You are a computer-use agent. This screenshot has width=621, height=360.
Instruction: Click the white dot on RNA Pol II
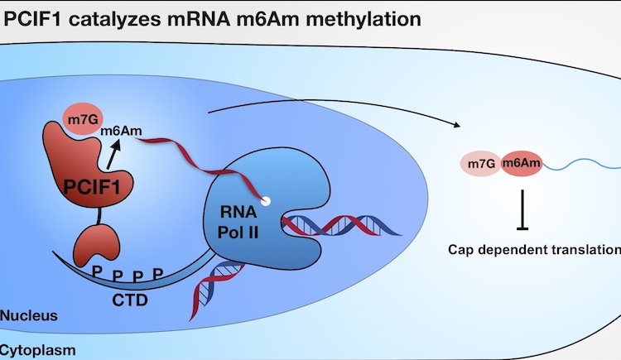(265, 201)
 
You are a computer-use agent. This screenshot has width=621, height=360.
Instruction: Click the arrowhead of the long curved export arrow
(455, 125)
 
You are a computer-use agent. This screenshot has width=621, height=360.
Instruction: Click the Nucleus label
(29, 316)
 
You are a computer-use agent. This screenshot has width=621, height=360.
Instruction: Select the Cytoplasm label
(37, 350)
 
